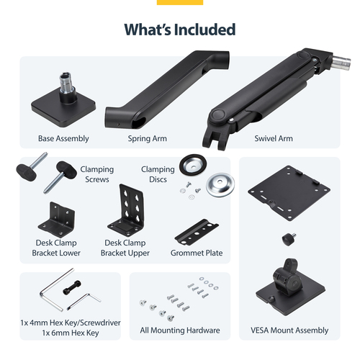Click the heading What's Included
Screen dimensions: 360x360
point(180,30)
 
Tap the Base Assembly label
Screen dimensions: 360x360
point(63,138)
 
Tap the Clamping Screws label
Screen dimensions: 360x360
point(97,174)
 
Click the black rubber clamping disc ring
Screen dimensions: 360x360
point(193,163)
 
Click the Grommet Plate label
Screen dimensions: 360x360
point(197,253)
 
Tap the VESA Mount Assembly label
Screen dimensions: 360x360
point(290,330)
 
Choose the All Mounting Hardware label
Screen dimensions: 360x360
point(180,330)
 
